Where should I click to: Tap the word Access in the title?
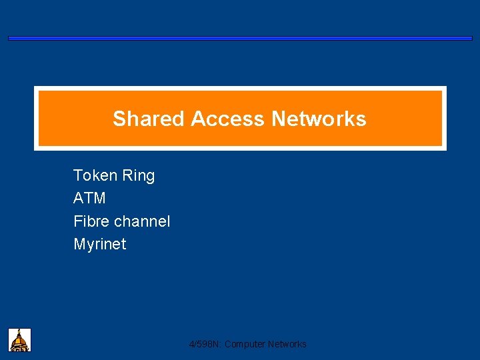[228, 119]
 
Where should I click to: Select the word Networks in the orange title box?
[319, 119]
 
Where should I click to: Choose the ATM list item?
[89, 198]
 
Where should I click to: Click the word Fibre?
[91, 221]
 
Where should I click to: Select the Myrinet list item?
[99, 244]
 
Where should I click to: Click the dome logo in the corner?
[20, 339]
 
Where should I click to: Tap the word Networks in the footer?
[287, 344]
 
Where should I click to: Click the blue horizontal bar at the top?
[240, 39]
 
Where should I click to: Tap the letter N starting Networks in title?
[279, 119]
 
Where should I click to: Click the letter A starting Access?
[197, 119]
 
